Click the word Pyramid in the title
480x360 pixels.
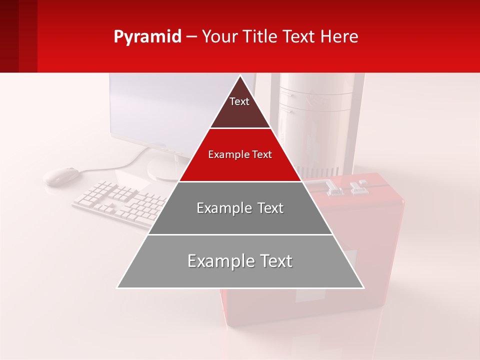[x=147, y=37]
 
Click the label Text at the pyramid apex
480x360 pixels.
[x=239, y=101]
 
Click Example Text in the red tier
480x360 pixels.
[x=240, y=154]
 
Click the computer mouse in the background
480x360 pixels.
[x=61, y=176]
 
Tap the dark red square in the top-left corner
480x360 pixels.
[x=18, y=36]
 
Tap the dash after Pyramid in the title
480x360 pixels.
[x=191, y=37]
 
